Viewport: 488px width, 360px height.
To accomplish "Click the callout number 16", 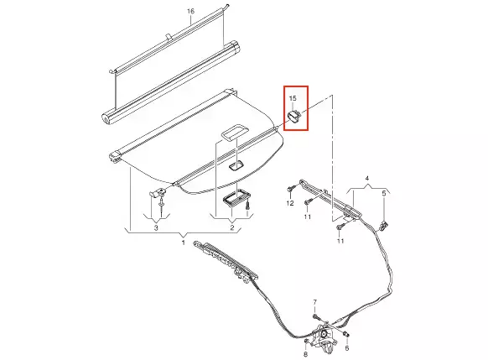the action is [x=190, y=11].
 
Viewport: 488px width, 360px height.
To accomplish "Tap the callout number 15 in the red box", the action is [x=293, y=98].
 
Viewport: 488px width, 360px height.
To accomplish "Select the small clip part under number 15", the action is [x=293, y=117].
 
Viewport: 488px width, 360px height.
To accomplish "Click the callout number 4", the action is [x=367, y=179].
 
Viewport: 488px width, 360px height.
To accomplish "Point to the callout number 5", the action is [x=384, y=193].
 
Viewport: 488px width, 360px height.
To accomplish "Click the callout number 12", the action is [x=290, y=203].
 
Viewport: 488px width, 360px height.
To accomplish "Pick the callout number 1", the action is [x=184, y=243].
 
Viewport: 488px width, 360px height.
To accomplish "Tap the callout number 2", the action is [x=232, y=227].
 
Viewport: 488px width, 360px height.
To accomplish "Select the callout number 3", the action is [x=156, y=227].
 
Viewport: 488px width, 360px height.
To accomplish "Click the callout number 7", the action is [x=314, y=302].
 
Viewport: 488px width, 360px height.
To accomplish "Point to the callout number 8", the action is [x=305, y=354].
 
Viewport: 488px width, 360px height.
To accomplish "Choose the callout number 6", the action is [x=346, y=348].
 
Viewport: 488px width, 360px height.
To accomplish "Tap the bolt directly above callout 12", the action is [x=290, y=189].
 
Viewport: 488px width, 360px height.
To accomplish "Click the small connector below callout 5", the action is [x=384, y=223].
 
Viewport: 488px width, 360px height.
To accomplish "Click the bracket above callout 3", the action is [x=158, y=192].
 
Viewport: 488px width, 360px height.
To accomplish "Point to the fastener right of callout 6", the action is [x=345, y=335].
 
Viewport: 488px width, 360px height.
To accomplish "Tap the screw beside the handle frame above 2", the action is [x=247, y=206].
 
